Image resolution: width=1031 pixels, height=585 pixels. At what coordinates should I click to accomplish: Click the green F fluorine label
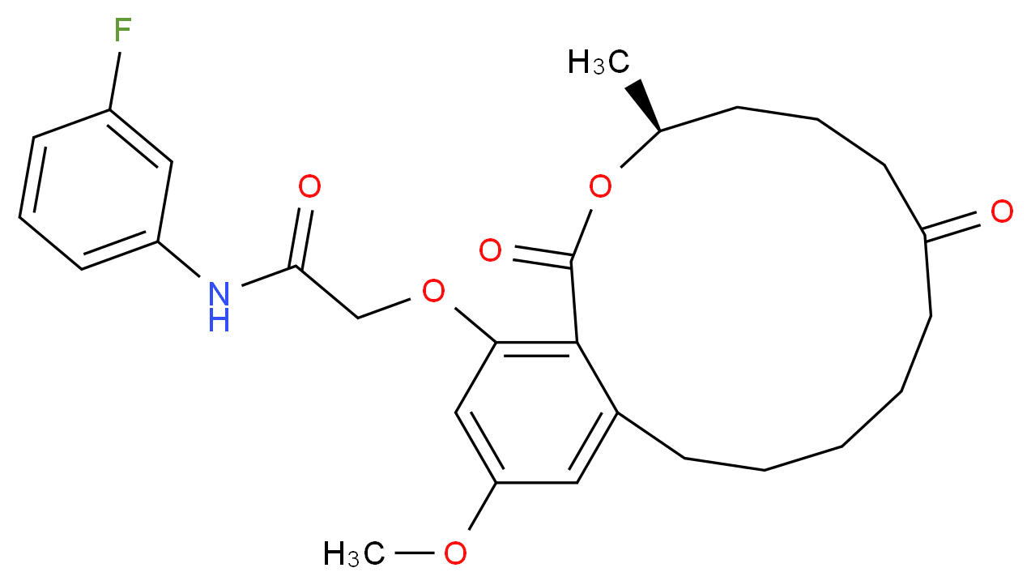pos(122,31)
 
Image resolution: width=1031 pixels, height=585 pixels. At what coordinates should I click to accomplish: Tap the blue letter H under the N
pos(219,322)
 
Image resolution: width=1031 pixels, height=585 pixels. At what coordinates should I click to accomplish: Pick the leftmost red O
pos(309,188)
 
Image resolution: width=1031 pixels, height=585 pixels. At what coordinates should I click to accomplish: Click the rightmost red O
pos(1002,212)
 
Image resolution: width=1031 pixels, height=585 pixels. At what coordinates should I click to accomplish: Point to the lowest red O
pos(455,554)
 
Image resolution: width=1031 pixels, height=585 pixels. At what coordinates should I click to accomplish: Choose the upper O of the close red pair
pos(490,251)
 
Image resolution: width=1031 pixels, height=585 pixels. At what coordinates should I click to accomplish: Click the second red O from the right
pos(600,188)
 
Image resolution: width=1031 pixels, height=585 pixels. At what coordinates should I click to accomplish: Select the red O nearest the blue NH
pos(309,188)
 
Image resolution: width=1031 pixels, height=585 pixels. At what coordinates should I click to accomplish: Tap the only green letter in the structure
pos(122,31)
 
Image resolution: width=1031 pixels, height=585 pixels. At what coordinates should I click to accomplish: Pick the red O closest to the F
pos(309,188)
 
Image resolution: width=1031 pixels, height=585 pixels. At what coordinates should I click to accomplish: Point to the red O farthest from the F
pos(1002,212)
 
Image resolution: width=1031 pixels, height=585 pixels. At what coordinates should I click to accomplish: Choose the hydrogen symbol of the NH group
pos(219,322)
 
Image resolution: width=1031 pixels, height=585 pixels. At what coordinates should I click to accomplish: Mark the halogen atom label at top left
pos(122,31)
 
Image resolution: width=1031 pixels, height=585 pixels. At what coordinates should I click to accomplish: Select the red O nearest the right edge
pos(1002,212)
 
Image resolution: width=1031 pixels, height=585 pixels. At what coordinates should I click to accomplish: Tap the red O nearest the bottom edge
pos(455,554)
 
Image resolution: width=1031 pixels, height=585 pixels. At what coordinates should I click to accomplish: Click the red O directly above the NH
pos(309,188)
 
